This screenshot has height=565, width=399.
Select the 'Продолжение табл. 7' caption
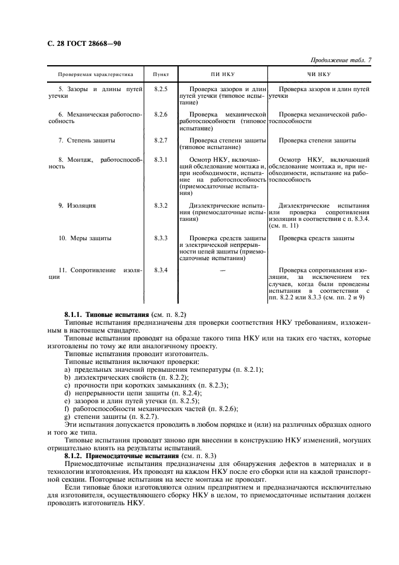340,60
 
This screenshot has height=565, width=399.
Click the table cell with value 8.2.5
161,89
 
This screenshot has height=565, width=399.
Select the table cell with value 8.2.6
161,114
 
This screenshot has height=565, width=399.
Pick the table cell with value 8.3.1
161,159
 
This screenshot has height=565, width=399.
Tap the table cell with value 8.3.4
161,270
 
